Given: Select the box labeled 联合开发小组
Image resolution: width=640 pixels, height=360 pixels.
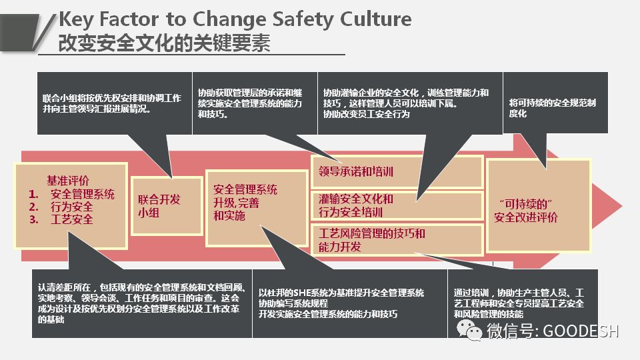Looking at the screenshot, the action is coord(166,205).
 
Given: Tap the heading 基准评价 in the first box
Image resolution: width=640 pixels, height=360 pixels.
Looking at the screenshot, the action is coord(67,181).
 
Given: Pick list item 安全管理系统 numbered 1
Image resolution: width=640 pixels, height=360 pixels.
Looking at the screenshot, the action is coord(82,194).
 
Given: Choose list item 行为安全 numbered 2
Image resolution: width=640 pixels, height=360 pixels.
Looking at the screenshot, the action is coord(71,207).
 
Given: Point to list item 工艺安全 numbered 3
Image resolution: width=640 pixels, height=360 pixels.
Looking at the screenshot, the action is coord(71,219).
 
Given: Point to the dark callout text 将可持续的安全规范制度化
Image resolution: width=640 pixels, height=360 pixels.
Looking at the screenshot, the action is coord(552,108).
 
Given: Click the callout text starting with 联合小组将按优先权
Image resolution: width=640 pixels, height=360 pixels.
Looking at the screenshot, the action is coord(111,103).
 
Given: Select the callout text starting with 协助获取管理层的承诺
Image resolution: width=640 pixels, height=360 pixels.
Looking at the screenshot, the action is coord(250,103).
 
